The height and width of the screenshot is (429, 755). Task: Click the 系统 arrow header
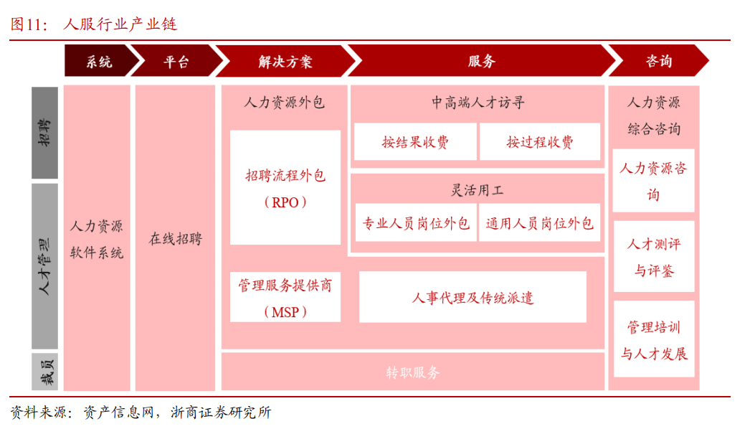[x=99, y=61]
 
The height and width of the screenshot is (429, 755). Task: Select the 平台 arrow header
[x=176, y=61]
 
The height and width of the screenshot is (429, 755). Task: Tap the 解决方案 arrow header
[x=286, y=61]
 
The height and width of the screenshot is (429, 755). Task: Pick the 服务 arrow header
[x=482, y=61]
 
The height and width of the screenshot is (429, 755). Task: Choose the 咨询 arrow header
[x=659, y=61]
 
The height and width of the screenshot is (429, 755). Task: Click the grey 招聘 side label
[x=44, y=133]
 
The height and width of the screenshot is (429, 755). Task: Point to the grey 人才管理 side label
[x=44, y=266]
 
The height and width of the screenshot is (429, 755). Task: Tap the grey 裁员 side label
[x=44, y=372]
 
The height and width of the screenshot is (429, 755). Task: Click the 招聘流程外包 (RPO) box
[x=285, y=187]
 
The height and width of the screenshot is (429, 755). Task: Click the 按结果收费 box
[x=415, y=142]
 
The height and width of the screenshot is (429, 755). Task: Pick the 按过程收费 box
[x=540, y=142]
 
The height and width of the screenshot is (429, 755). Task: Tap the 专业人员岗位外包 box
[x=416, y=222]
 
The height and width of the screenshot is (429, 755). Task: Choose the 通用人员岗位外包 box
[x=539, y=222]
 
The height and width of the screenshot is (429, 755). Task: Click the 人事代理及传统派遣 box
[x=473, y=298]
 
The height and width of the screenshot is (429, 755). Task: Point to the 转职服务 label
[x=413, y=372]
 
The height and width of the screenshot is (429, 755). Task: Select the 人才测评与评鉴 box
[x=654, y=257]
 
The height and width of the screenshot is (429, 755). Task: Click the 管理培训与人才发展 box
[x=654, y=339]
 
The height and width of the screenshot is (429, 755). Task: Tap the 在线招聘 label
[x=175, y=238]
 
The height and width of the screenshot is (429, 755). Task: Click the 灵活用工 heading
[x=478, y=190]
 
